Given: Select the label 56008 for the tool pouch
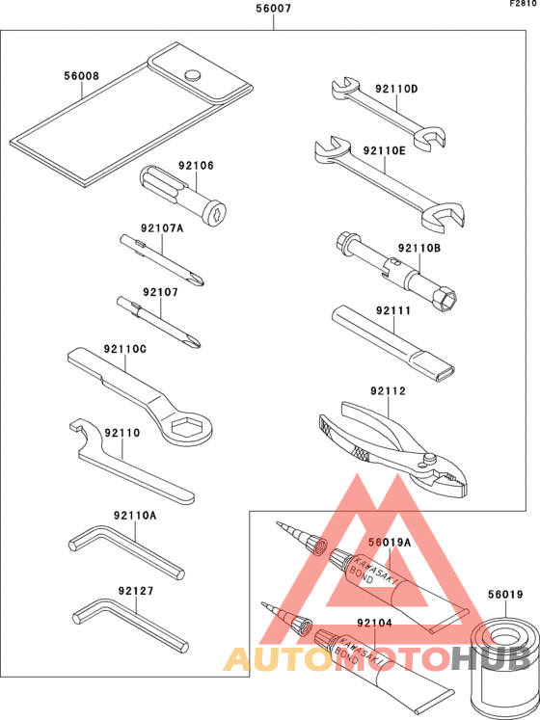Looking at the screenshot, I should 81,75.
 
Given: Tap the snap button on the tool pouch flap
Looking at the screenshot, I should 191,73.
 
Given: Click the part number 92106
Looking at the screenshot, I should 196,166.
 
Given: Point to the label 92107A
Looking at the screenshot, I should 161,228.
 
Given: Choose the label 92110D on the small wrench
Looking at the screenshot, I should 398,89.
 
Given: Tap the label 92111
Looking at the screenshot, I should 393,310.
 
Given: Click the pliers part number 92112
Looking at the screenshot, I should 388,391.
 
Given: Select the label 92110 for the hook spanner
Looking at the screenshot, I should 122,434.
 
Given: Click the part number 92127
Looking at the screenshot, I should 136,590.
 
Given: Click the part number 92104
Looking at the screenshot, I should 374,625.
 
